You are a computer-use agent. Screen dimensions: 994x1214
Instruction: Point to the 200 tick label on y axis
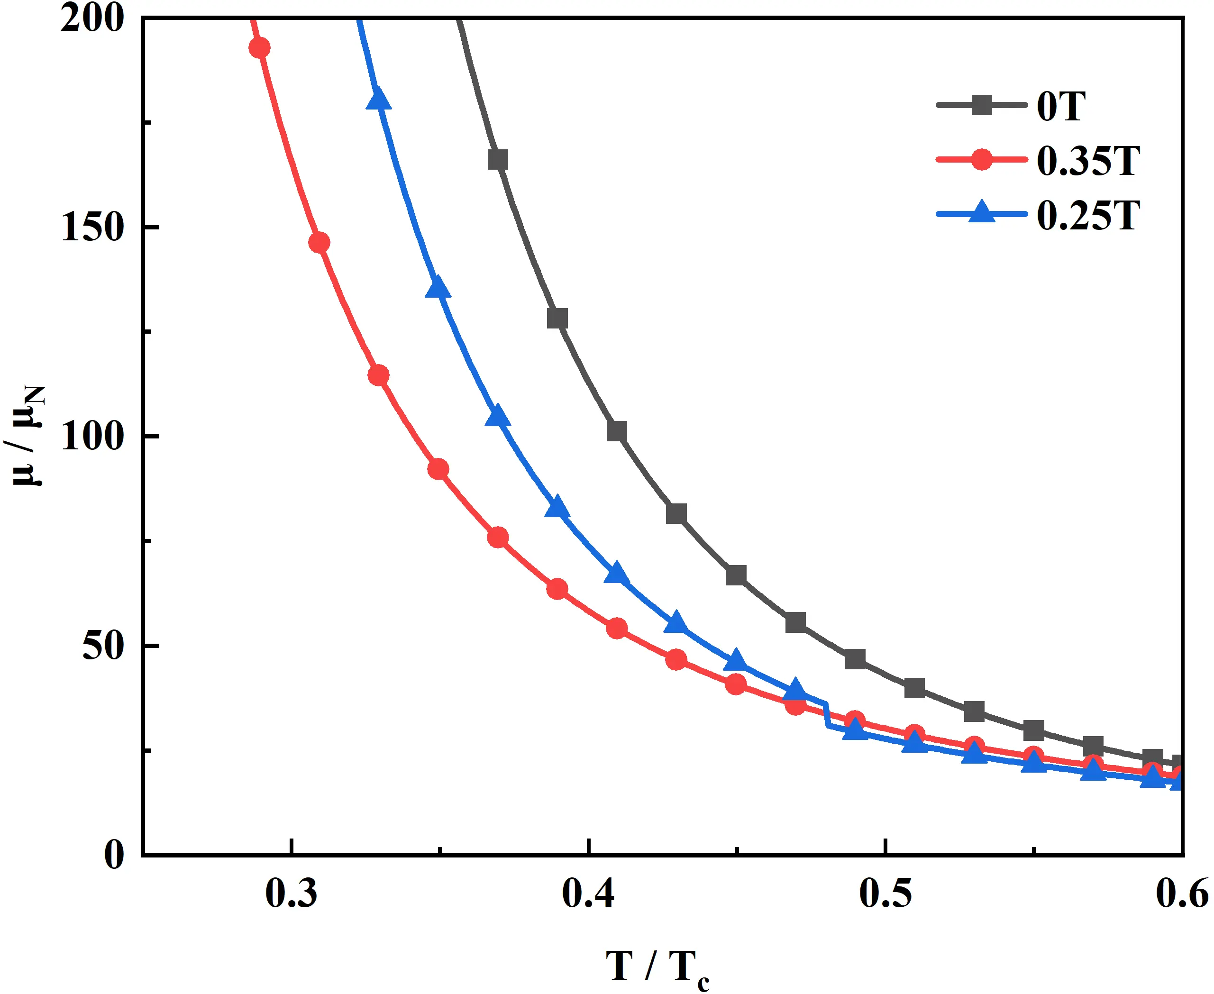pyautogui.click(x=92, y=19)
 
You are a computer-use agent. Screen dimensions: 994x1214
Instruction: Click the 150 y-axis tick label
pyautogui.click(x=92, y=228)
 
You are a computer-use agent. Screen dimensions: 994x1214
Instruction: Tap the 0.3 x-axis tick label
pyautogui.click(x=292, y=893)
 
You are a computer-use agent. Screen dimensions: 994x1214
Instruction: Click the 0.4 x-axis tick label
pyautogui.click(x=588, y=893)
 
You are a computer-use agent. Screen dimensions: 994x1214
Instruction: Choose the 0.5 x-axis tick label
pyautogui.click(x=885, y=893)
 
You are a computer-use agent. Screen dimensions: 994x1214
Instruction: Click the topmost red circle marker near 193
pyautogui.click(x=259, y=47)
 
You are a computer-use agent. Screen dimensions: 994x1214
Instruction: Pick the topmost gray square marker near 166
pyautogui.click(x=498, y=160)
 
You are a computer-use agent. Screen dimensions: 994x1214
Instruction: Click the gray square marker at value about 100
pyautogui.click(x=617, y=432)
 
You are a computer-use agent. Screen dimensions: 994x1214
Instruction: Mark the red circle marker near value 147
pyautogui.click(x=319, y=243)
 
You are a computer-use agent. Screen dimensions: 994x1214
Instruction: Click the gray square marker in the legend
pyautogui.click(x=982, y=105)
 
